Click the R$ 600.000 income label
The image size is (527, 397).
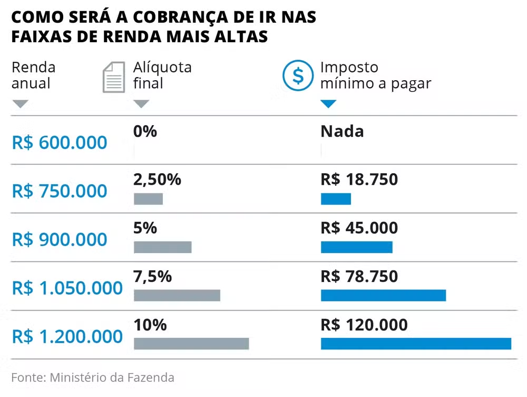[x=60, y=143]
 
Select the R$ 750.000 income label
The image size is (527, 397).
[x=60, y=191]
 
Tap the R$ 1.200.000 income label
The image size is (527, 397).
[x=67, y=337]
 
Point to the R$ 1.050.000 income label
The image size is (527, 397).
[x=67, y=288]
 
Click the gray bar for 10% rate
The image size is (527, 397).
[x=191, y=344]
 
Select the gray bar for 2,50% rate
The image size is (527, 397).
[x=148, y=199]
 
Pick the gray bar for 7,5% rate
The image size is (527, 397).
[x=177, y=295]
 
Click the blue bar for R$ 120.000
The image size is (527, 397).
[x=416, y=344]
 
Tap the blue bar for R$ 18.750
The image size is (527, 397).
[x=336, y=199]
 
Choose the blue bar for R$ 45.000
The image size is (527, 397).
[x=357, y=247]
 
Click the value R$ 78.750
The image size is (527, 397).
[x=359, y=277]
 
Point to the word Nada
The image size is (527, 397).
[x=342, y=131]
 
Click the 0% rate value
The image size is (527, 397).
[x=145, y=131]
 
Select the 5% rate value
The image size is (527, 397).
[x=145, y=228]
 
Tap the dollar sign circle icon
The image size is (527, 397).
[x=298, y=76]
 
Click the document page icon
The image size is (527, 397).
[x=113, y=77]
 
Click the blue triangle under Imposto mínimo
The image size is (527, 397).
[x=328, y=104]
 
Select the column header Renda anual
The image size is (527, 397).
[x=33, y=75]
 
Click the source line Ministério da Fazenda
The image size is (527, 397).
[x=93, y=377]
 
